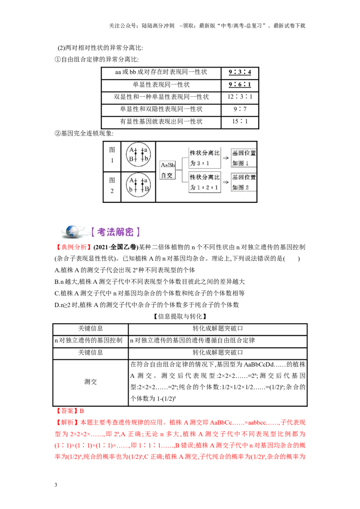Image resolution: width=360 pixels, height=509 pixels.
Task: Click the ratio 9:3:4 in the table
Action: tap(240, 72)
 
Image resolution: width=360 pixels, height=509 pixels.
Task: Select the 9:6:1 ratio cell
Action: tap(240, 85)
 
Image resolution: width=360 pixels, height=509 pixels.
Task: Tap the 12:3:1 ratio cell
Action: tap(240, 97)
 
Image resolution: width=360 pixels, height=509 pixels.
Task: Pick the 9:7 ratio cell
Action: tap(240, 109)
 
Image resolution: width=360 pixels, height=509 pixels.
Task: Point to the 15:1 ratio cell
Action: tap(240, 121)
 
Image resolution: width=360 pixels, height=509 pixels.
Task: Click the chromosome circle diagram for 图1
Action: tap(139, 154)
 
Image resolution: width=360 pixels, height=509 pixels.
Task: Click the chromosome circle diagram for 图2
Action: tap(139, 185)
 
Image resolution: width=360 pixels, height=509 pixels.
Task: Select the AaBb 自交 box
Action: tap(168, 170)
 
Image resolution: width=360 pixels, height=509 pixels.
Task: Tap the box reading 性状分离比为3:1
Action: tap(205, 158)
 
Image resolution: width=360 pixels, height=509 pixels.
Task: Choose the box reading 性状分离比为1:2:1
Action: tap(205, 183)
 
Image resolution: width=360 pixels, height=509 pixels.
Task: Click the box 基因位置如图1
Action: tap(244, 158)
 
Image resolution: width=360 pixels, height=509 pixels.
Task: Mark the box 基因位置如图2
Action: tap(244, 183)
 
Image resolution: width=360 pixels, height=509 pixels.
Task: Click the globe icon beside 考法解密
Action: tap(72, 232)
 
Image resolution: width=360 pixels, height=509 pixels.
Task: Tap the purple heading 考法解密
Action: tap(115, 232)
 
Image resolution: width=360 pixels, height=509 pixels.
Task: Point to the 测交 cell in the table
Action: tap(90, 382)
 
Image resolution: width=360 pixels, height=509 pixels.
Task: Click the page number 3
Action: tap(56, 485)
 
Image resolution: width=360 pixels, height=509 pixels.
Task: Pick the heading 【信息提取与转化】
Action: tap(180, 317)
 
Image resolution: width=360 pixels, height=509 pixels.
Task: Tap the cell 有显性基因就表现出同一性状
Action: tap(161, 122)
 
